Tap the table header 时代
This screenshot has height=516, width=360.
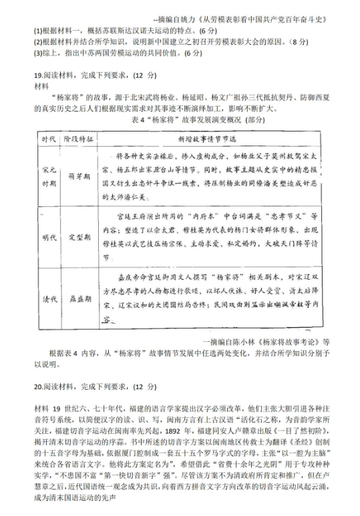click(48, 139)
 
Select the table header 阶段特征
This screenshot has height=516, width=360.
click(79, 139)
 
